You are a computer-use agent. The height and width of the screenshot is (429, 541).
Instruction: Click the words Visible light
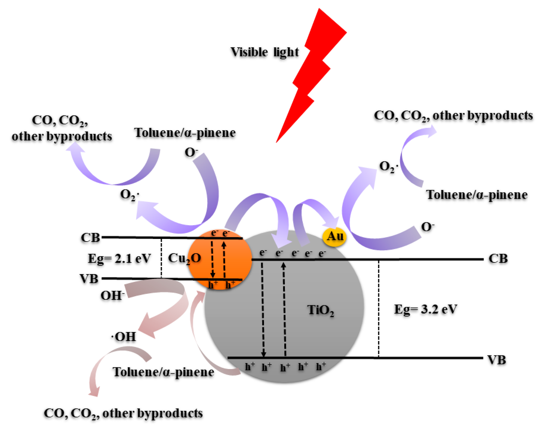pyautogui.click(x=264, y=52)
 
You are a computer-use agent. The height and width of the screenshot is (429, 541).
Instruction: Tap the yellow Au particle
pyautogui.click(x=334, y=236)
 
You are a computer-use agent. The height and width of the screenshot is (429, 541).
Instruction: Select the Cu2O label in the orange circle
pyautogui.click(x=184, y=258)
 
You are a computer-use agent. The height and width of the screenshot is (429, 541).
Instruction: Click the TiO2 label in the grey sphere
pyautogui.click(x=320, y=310)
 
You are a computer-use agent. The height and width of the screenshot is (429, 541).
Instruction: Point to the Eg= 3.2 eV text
pyautogui.click(x=426, y=309)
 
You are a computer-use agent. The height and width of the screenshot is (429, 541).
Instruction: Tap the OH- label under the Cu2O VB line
pyautogui.click(x=112, y=295)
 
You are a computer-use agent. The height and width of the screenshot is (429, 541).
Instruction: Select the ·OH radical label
pyautogui.click(x=124, y=336)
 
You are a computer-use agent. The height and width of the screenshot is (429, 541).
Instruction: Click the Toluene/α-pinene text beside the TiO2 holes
pyautogui.click(x=163, y=372)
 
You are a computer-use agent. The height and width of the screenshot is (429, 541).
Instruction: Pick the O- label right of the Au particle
pyautogui.click(x=427, y=227)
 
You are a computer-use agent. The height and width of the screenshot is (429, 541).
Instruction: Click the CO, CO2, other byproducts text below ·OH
pyautogui.click(x=123, y=413)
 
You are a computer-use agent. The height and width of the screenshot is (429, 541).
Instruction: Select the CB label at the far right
pyautogui.click(x=498, y=259)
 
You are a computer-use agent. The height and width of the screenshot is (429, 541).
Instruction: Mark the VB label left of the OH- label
pyautogui.click(x=89, y=278)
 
